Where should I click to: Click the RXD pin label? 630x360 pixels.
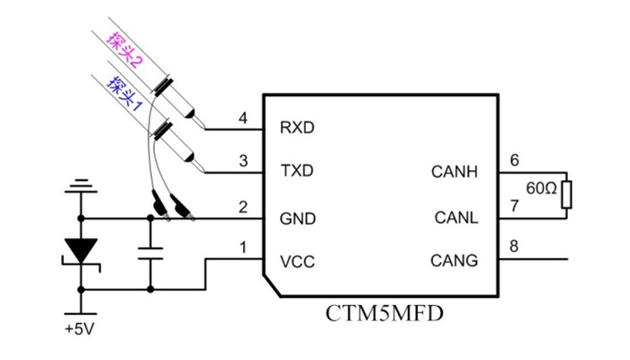point(297,127)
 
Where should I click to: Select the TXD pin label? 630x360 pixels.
point(297,170)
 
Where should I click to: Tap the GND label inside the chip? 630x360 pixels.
point(298,217)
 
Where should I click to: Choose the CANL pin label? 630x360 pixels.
point(456,217)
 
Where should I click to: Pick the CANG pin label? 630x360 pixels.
point(455,261)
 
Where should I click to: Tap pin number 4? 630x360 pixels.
point(242,118)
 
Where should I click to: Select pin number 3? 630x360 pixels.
point(242,161)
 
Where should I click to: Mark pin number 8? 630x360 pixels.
point(515,246)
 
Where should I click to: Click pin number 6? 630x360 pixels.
point(515,160)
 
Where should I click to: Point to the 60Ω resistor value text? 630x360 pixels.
point(540,191)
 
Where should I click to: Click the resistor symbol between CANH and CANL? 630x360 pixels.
point(566,194)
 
